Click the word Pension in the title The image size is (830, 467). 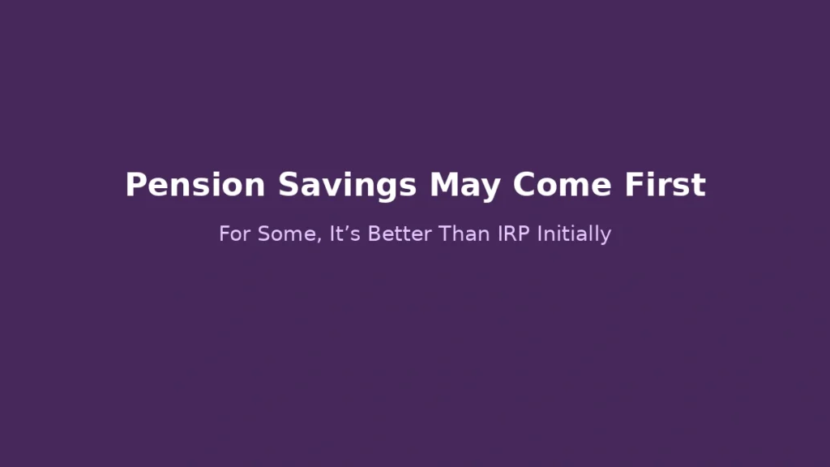tap(195, 186)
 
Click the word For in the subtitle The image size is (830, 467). tap(235, 234)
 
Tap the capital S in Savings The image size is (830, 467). tap(289, 186)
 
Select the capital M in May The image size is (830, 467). tap(443, 186)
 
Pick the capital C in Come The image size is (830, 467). tap(524, 186)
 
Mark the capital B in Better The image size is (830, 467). tap(374, 234)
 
